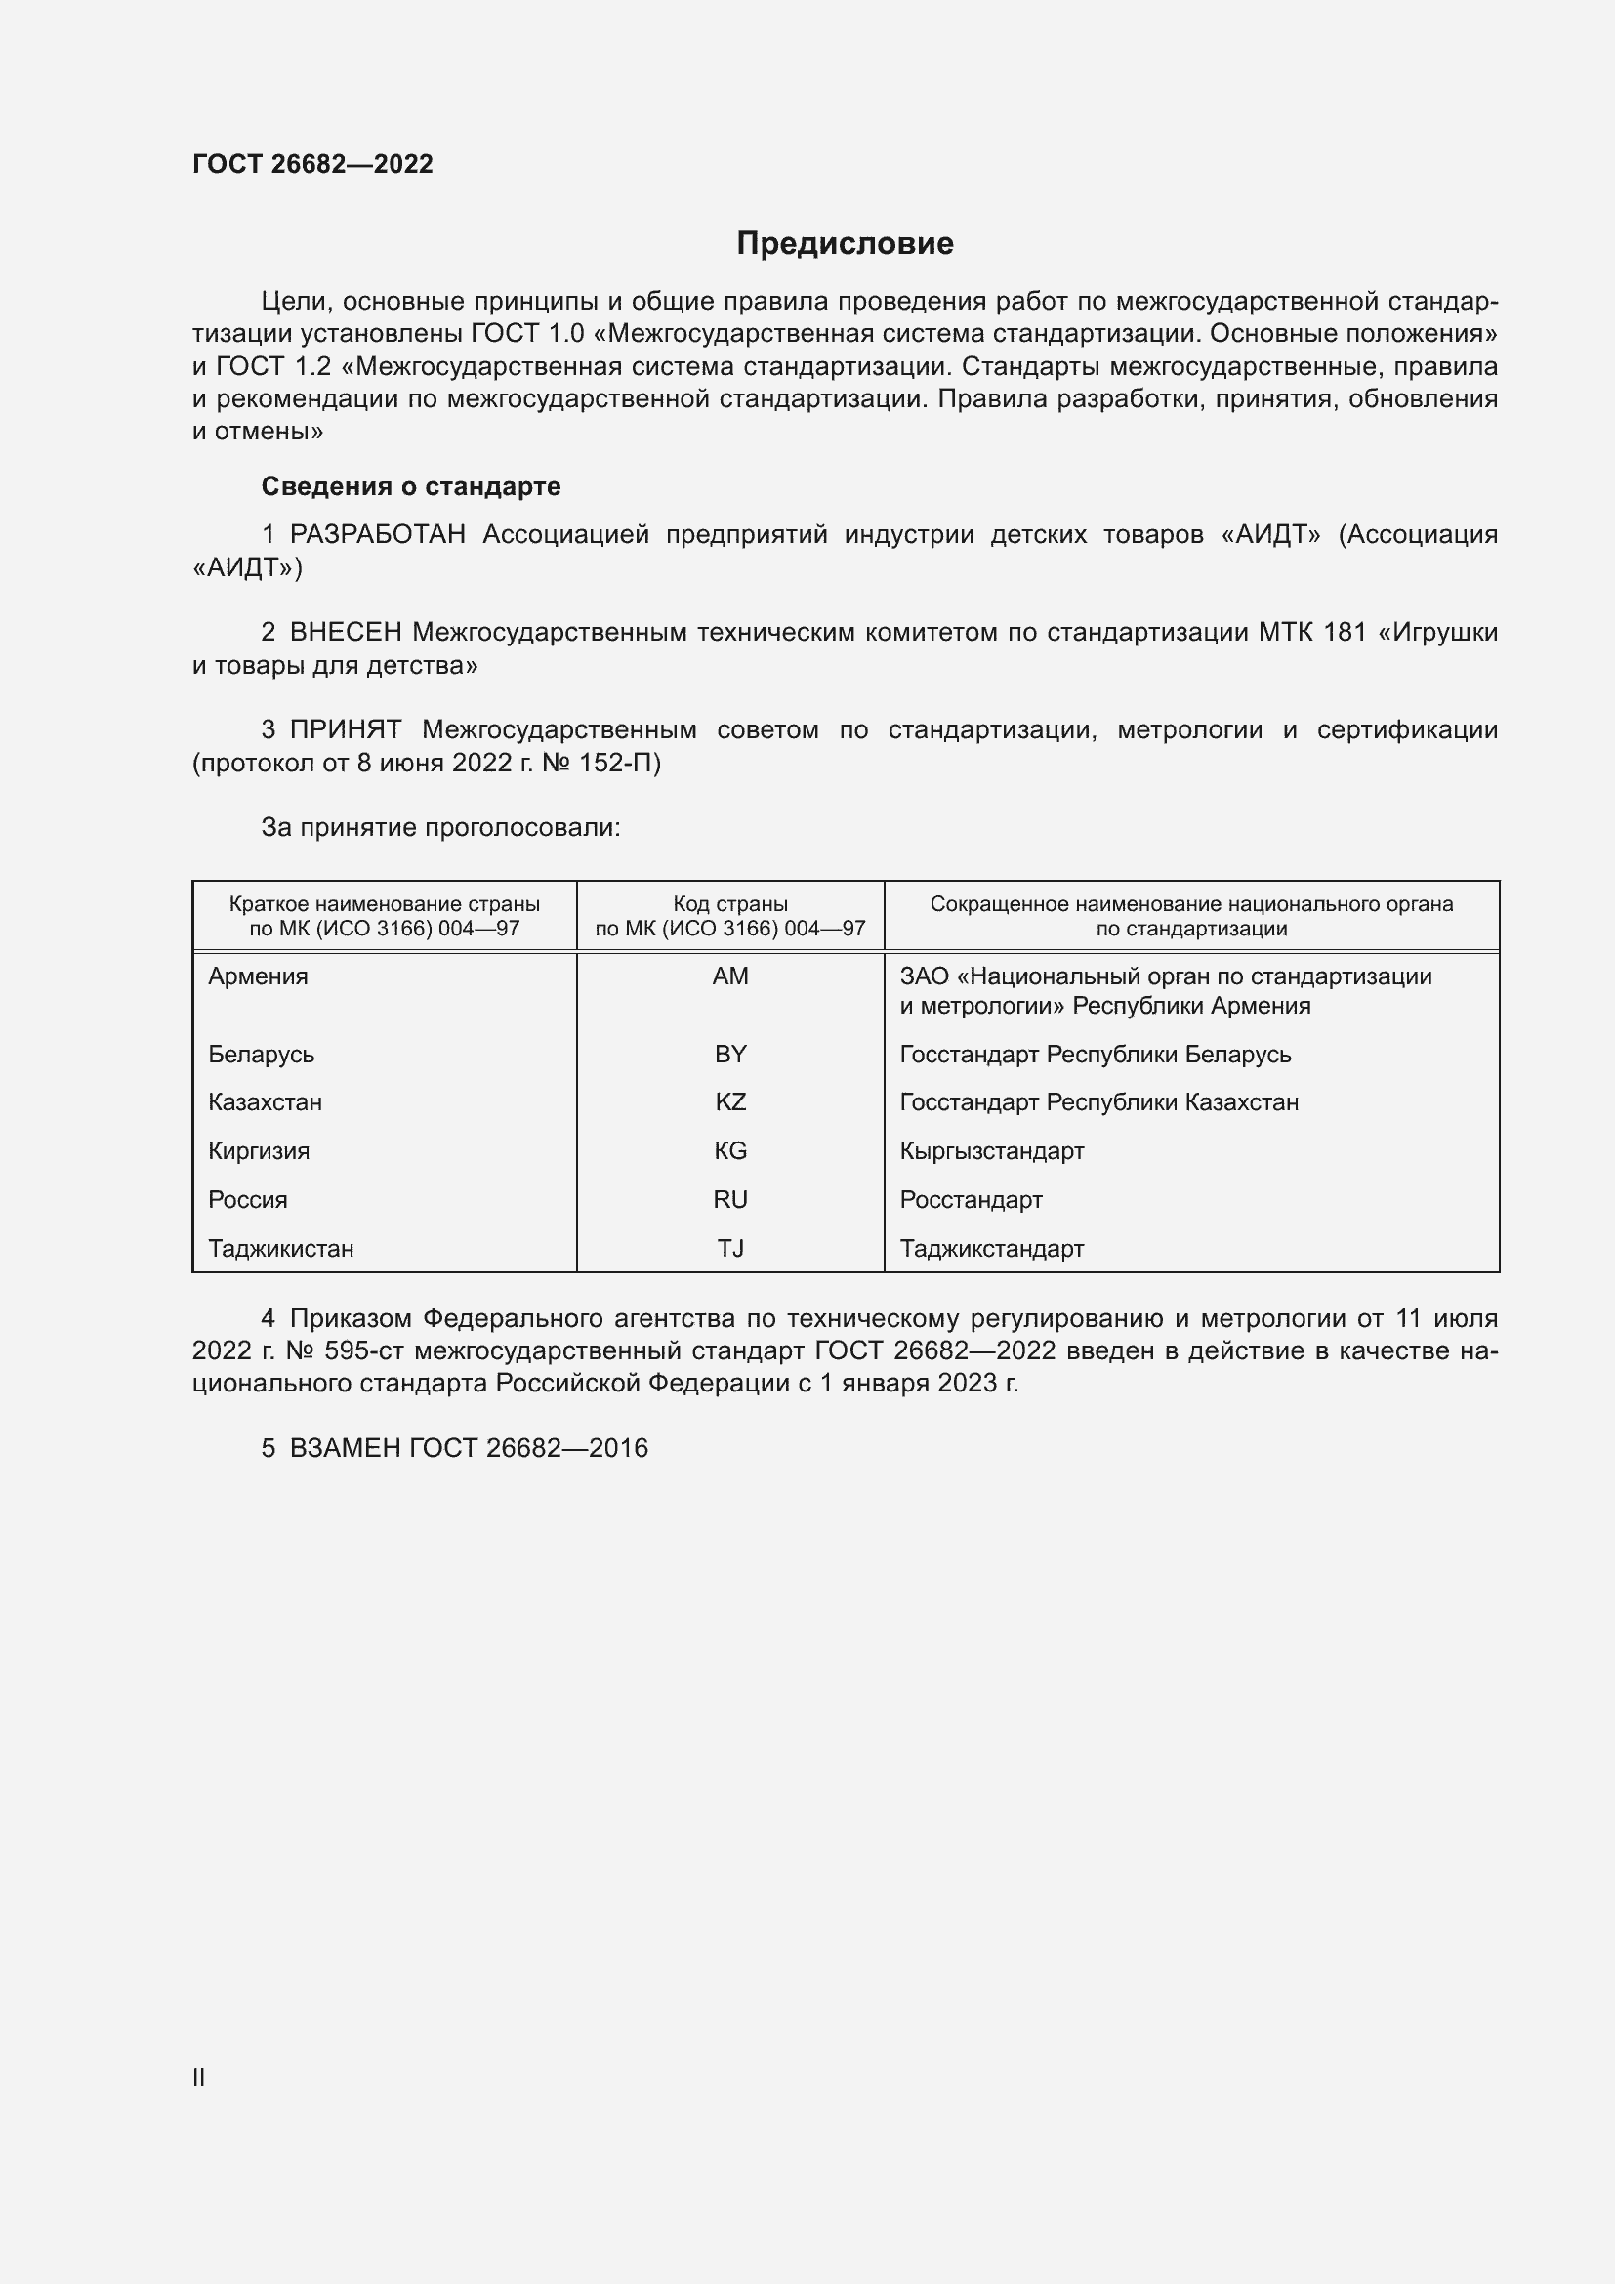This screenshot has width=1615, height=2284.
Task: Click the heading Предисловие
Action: tap(845, 244)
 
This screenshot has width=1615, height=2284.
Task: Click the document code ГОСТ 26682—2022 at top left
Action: tap(312, 164)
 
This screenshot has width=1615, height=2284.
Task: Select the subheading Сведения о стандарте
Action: tap(411, 486)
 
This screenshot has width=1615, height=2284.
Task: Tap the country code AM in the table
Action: tap(730, 976)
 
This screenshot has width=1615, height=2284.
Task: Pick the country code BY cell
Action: tap(730, 1054)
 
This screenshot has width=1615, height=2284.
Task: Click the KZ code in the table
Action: tap(730, 1102)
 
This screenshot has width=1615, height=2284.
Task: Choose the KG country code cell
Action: tap(730, 1151)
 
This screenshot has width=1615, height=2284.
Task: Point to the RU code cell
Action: tap(730, 1200)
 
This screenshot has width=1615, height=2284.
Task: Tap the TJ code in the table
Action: tap(730, 1249)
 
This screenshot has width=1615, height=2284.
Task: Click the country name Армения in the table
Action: tap(258, 976)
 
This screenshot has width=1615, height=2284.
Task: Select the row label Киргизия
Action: tap(259, 1151)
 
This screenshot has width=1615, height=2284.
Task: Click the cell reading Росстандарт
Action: tap(971, 1200)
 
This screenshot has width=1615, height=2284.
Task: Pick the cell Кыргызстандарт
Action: tap(991, 1151)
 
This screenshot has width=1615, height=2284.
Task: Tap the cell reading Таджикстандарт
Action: tap(991, 1249)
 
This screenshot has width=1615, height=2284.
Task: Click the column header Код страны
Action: tap(730, 904)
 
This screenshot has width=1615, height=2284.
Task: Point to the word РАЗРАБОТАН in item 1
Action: tap(377, 535)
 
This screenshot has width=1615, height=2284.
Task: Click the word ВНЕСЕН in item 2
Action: tap(345, 633)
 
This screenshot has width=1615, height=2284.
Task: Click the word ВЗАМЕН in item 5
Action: tap(344, 1448)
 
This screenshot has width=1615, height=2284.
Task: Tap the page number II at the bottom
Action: tap(199, 2078)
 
